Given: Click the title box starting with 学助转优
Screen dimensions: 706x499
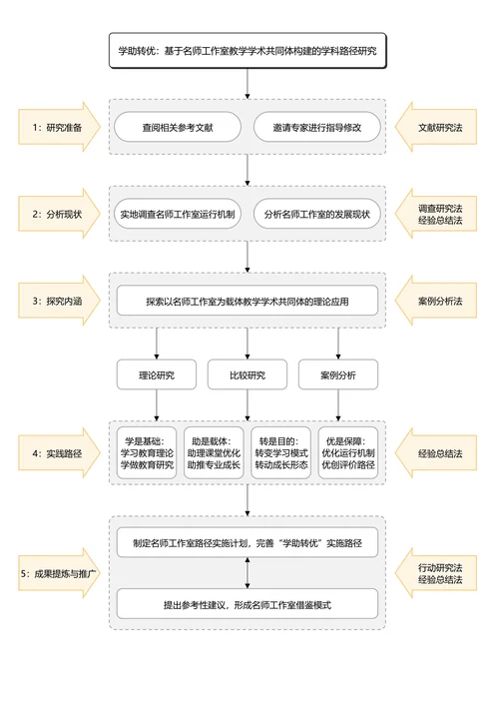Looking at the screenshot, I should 248,50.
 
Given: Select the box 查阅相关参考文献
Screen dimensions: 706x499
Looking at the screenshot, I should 177,128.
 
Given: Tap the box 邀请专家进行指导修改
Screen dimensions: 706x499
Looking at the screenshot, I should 316,128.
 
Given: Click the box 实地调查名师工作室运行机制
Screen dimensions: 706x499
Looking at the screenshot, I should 177,214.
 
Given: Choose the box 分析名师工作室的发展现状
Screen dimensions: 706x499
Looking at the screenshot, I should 316,214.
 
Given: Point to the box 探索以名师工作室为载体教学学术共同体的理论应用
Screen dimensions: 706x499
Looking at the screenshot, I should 248,300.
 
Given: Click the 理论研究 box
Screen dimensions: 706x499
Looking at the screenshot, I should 156,375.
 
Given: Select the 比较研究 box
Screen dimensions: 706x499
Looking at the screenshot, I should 248,375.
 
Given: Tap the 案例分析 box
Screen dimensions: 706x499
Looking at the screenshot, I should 337,375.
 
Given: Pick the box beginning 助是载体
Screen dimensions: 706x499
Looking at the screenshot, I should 214,452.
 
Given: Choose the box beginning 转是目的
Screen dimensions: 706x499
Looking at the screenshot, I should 280,452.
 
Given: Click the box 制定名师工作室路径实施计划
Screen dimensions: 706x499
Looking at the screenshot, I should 248,544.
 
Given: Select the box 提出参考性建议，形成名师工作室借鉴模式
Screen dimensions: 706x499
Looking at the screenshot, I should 248,604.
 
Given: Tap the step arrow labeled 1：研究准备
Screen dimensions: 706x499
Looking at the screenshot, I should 57,128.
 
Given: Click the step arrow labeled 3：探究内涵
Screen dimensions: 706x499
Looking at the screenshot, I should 57,300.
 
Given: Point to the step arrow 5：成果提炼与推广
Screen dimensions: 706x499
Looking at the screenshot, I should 57,573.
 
